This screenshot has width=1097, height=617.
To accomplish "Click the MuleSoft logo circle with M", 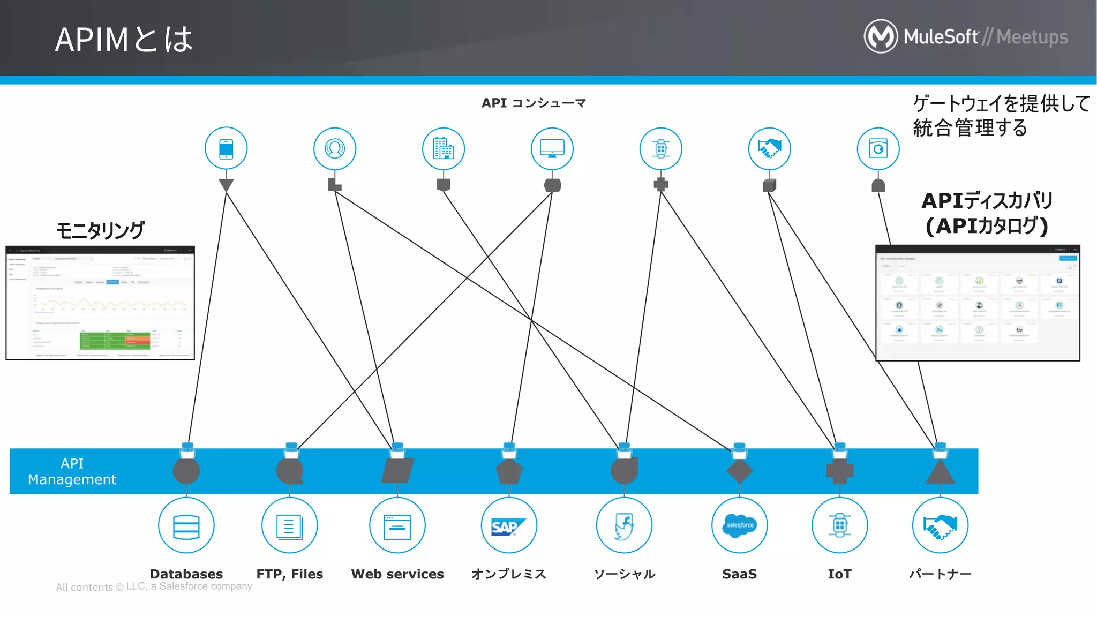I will pyautogui.click(x=881, y=36).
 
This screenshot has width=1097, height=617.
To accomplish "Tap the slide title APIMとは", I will pyautogui.click(x=124, y=40).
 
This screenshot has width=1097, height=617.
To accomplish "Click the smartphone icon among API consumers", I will pyautogui.click(x=226, y=149).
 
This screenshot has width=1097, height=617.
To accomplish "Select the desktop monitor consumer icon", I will pyautogui.click(x=552, y=149).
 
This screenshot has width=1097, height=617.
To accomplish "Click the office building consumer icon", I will pyautogui.click(x=443, y=149).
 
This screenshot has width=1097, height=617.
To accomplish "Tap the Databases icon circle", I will pyautogui.click(x=186, y=525).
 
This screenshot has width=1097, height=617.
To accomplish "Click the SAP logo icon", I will pyautogui.click(x=508, y=526).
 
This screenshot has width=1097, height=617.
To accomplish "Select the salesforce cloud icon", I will pyautogui.click(x=739, y=525).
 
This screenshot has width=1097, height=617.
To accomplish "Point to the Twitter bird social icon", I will pyautogui.click(x=624, y=526).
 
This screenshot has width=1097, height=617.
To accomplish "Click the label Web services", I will pyautogui.click(x=397, y=574).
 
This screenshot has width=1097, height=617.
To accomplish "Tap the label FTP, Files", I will pyautogui.click(x=290, y=574).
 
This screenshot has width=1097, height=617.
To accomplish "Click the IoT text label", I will pyautogui.click(x=839, y=574).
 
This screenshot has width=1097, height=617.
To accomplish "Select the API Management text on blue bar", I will pyautogui.click(x=72, y=471).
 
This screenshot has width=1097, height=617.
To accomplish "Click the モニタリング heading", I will pyautogui.click(x=100, y=230).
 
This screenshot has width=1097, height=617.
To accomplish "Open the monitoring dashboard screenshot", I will pyautogui.click(x=100, y=303).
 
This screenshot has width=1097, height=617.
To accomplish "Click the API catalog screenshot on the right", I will pyautogui.click(x=978, y=303).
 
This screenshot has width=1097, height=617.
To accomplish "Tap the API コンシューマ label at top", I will pyautogui.click(x=534, y=103).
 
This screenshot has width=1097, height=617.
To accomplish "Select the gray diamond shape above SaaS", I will pyautogui.click(x=739, y=471).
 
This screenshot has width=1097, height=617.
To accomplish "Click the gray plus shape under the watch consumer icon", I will pyautogui.click(x=661, y=185).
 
